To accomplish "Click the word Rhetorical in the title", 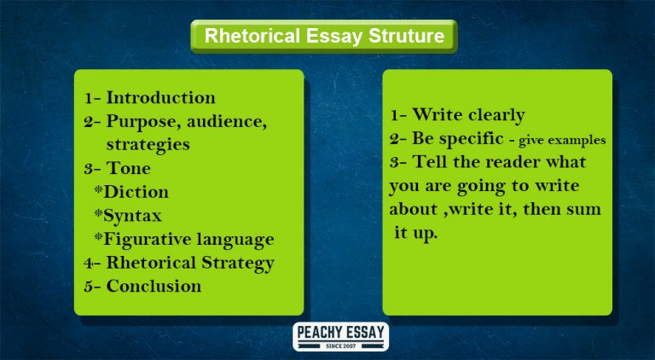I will (x=249, y=37).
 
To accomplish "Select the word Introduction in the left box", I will (x=160, y=97).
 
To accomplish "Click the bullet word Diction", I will (x=135, y=192).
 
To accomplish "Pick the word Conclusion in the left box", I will (x=154, y=286).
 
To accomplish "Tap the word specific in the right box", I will (x=470, y=138).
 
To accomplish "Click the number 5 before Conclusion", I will (x=88, y=287).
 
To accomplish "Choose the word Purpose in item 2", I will (x=140, y=122).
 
